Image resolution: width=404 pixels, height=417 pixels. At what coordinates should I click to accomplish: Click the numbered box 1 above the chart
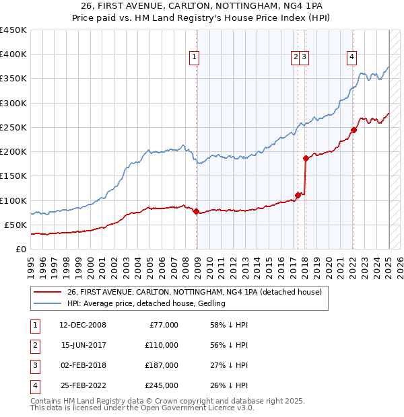pos(193,58)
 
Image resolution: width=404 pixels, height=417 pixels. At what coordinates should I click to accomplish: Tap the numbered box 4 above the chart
pos(351,58)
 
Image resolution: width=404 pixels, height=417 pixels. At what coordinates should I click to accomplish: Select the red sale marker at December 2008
pos(196,211)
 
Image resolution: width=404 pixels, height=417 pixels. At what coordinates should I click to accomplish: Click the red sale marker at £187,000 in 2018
pos(306,158)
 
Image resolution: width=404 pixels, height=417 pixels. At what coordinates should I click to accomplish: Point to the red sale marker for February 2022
pos(353,130)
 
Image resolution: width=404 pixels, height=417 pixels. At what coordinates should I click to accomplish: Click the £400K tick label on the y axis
pos(13,54)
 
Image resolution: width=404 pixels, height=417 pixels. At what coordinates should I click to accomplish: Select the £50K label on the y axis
pos(16,225)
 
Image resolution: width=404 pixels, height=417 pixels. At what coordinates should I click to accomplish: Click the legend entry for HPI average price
pos(146,303)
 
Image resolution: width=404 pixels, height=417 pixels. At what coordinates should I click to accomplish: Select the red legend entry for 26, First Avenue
pos(195,292)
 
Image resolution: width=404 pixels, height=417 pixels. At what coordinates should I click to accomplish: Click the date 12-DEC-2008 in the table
pos(83,325)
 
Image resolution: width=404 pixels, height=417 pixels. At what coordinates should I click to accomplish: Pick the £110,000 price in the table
pos(162,345)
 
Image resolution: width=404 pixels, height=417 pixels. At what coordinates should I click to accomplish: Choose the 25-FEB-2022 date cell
pos(83,385)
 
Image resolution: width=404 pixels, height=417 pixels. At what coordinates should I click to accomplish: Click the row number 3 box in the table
pos(34,365)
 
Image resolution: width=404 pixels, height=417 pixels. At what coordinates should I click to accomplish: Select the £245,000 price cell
pos(162,385)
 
